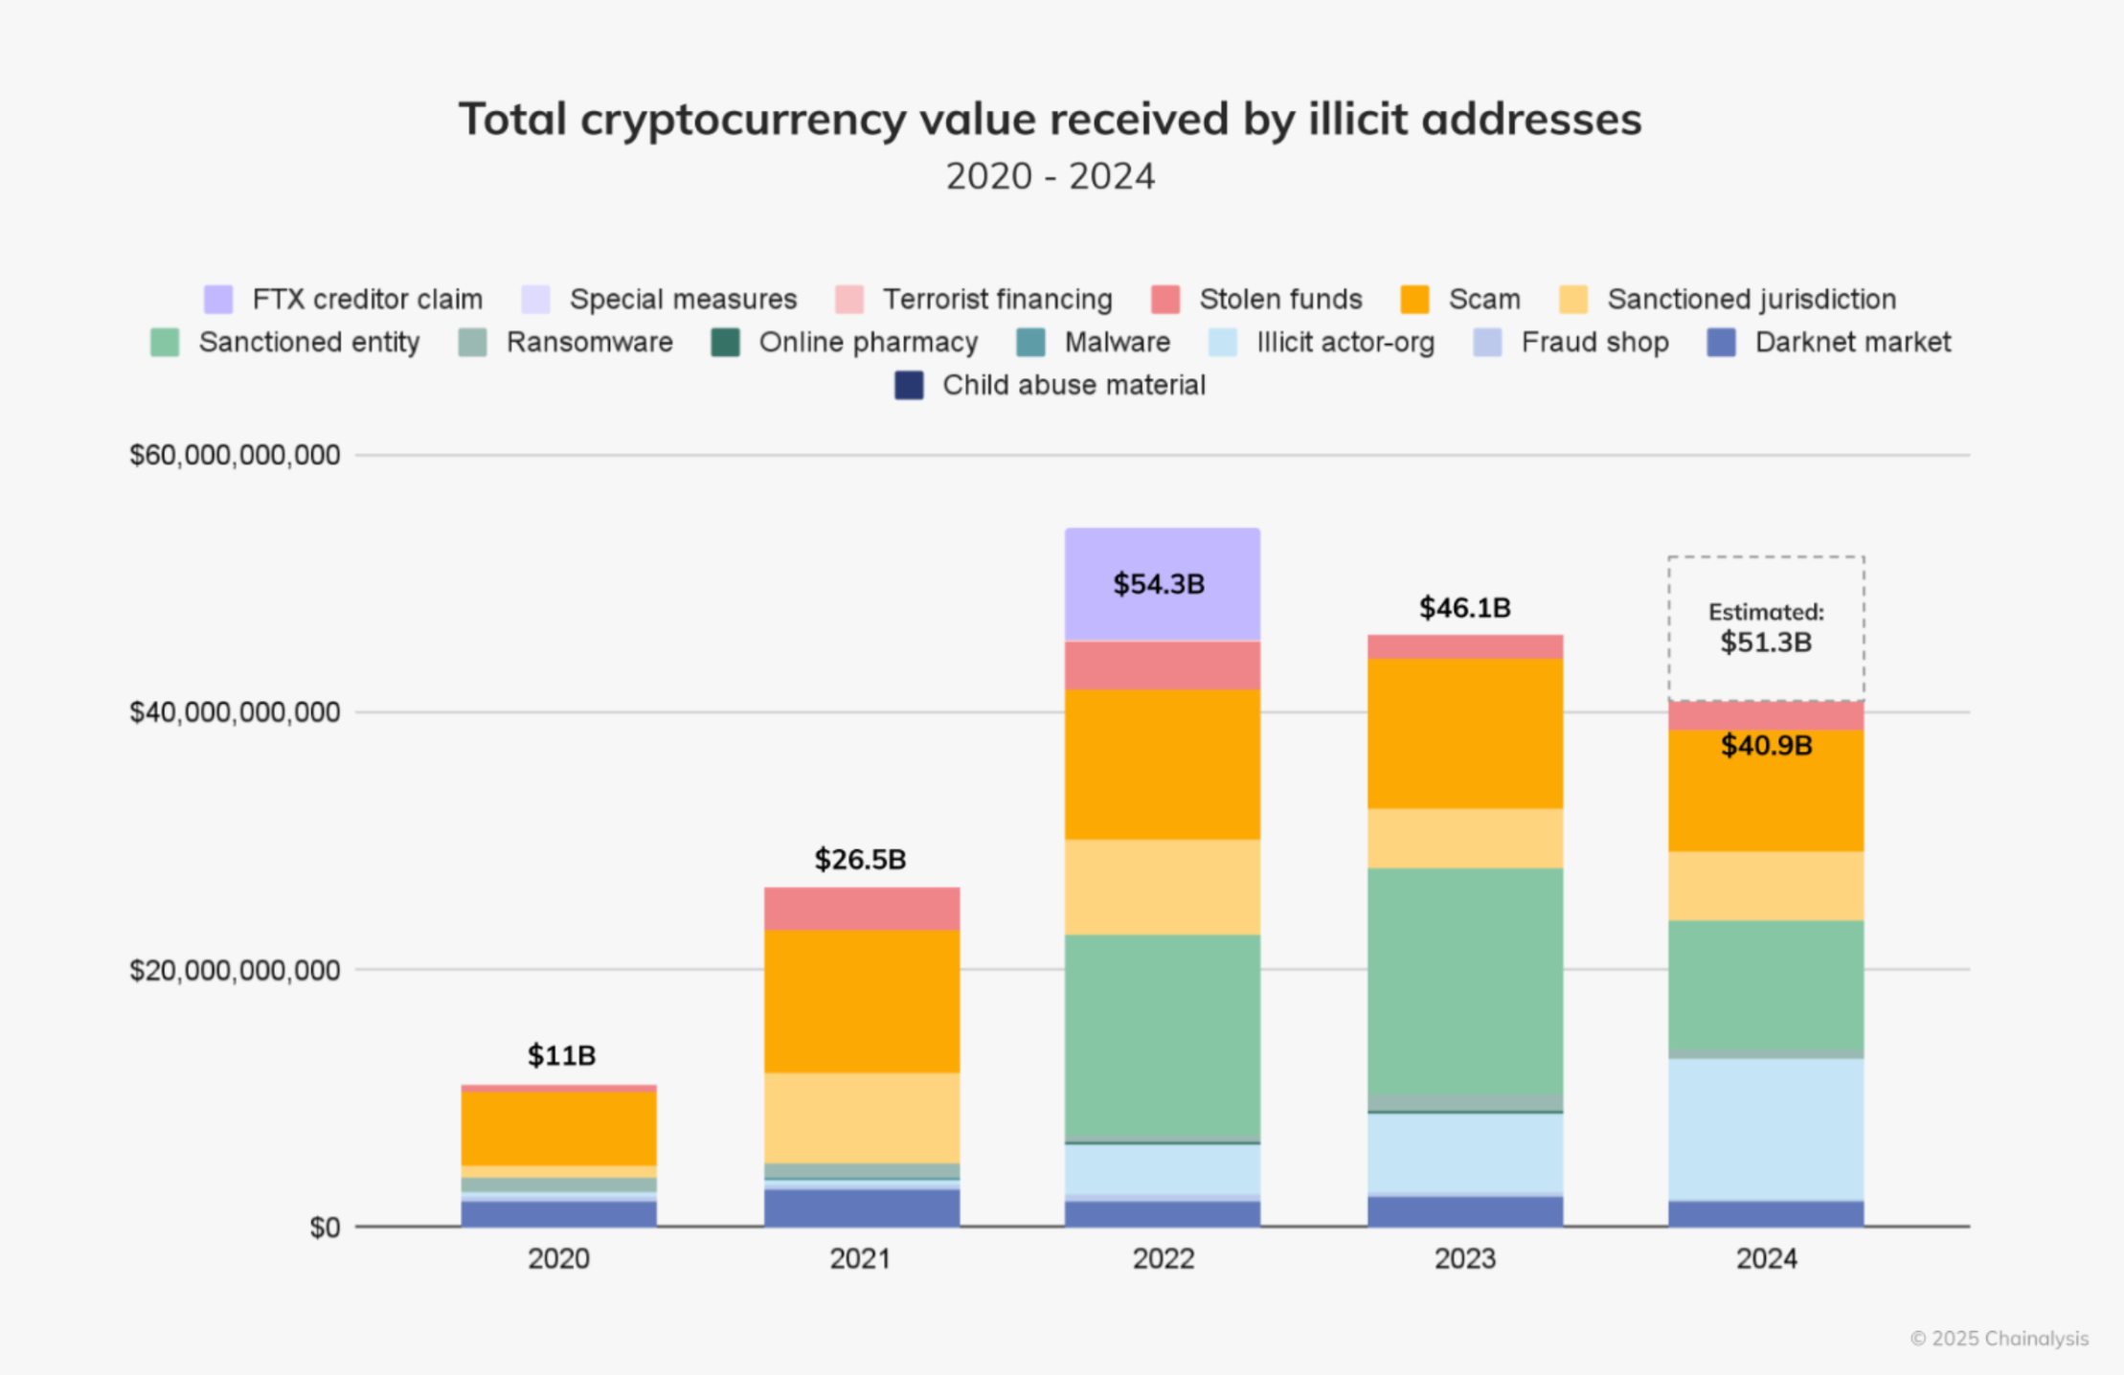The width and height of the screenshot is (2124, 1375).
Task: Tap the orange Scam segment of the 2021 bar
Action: coord(861,1001)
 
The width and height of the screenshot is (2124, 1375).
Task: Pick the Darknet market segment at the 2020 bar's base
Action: coord(558,1213)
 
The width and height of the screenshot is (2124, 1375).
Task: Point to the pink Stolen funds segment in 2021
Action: coord(861,908)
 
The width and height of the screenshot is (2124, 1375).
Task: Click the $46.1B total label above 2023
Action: coord(1464,608)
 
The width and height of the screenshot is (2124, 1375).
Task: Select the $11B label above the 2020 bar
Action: coord(561,1055)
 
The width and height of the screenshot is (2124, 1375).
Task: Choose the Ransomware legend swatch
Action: coord(472,343)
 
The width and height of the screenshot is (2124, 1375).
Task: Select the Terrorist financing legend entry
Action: coord(996,300)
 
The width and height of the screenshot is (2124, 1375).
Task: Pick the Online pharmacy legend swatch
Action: coord(725,343)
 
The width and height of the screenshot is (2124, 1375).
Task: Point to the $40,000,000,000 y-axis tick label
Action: coord(235,712)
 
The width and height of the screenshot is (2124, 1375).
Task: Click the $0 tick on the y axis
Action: coord(325,1228)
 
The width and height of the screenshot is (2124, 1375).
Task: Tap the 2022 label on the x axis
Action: coord(1163,1258)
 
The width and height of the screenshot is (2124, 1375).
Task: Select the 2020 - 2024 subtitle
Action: coord(1050,176)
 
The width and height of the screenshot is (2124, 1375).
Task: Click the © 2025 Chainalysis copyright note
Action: coord(1999,1338)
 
